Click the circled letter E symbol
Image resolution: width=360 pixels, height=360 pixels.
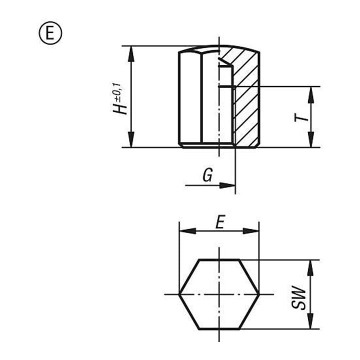click(50, 33)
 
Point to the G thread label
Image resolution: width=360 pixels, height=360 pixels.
click(208, 174)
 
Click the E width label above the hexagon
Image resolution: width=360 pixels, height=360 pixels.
click(220, 222)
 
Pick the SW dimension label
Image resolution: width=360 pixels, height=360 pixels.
click(298, 297)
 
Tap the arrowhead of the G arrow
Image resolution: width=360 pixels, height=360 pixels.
click(227, 185)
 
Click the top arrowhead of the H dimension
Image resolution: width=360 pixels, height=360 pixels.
click(131, 54)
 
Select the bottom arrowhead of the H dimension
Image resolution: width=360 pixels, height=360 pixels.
click(131, 139)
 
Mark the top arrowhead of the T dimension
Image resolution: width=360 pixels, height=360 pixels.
click(310, 95)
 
